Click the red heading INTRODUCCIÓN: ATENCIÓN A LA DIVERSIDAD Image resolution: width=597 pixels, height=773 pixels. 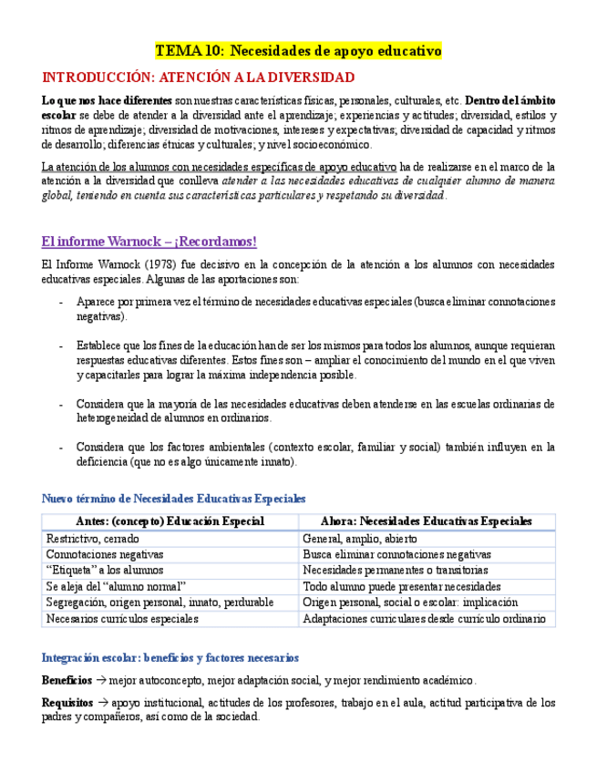[x=199, y=77]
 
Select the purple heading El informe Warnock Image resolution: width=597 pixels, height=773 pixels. [x=149, y=242]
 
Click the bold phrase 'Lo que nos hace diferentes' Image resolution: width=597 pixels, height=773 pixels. [x=107, y=100]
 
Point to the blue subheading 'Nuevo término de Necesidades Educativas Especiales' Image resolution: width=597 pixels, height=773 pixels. [x=173, y=499]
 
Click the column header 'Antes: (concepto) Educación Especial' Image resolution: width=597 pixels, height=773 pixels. [x=170, y=521]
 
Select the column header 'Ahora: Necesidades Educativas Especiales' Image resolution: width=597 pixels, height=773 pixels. [x=427, y=521]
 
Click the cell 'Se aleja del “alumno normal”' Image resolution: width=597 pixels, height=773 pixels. [x=116, y=586]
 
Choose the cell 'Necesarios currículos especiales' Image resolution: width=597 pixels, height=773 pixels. [x=122, y=619]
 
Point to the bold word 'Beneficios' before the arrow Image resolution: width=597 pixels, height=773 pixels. [x=67, y=680]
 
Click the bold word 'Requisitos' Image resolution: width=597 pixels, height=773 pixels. [x=67, y=703]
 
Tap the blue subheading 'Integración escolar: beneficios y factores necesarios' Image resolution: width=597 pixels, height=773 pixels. [x=170, y=657]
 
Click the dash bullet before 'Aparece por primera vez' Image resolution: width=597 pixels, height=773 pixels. [x=61, y=302]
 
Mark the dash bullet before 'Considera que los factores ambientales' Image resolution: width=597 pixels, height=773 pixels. [x=61, y=448]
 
